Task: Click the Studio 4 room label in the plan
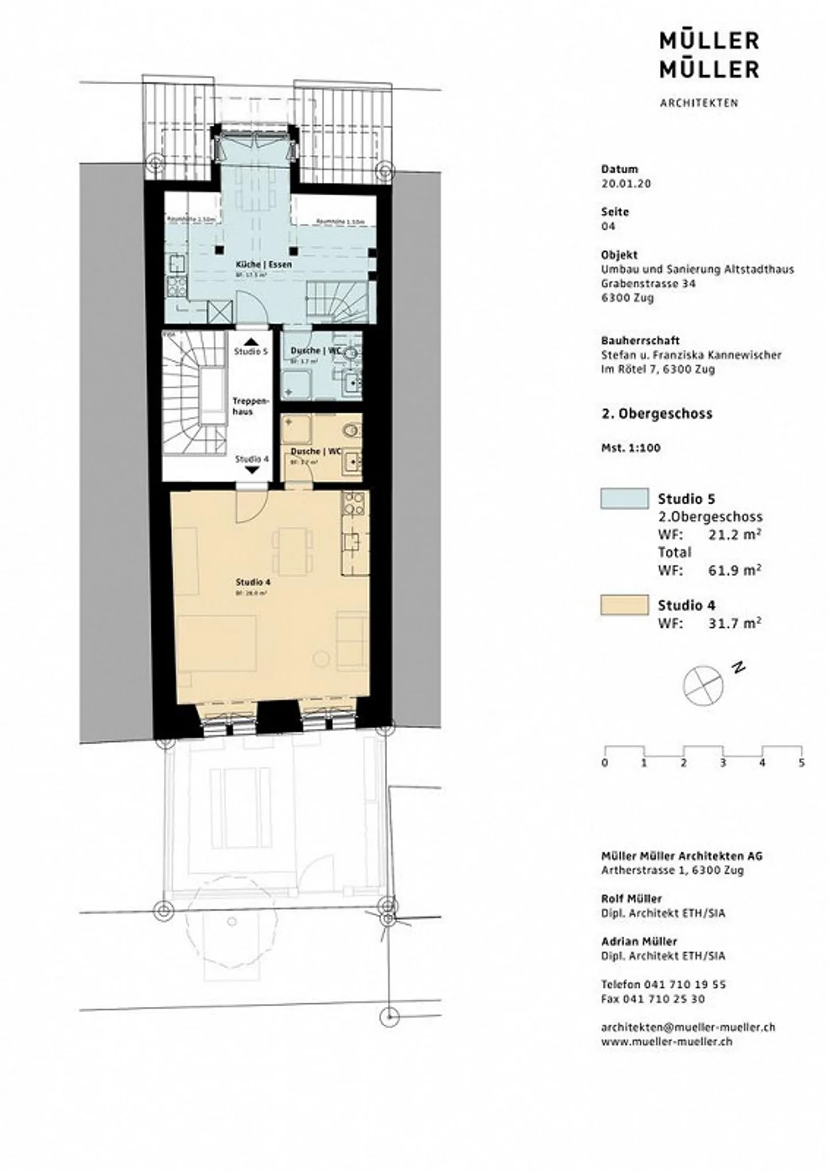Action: pos(253,582)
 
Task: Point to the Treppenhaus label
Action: pos(243,406)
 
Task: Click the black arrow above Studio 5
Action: pos(252,341)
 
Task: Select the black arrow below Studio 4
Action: pos(252,470)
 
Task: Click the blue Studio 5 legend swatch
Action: pos(624,498)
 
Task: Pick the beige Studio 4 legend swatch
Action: pos(624,605)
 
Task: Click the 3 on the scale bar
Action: pos(723,763)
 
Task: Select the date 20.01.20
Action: pos(625,184)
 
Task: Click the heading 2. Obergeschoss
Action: pos(656,413)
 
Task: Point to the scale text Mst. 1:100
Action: pos(631,448)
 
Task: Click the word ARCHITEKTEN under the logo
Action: pos(699,103)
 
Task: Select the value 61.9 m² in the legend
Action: pos(735,570)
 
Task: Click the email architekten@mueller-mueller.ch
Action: pos(688,1027)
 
